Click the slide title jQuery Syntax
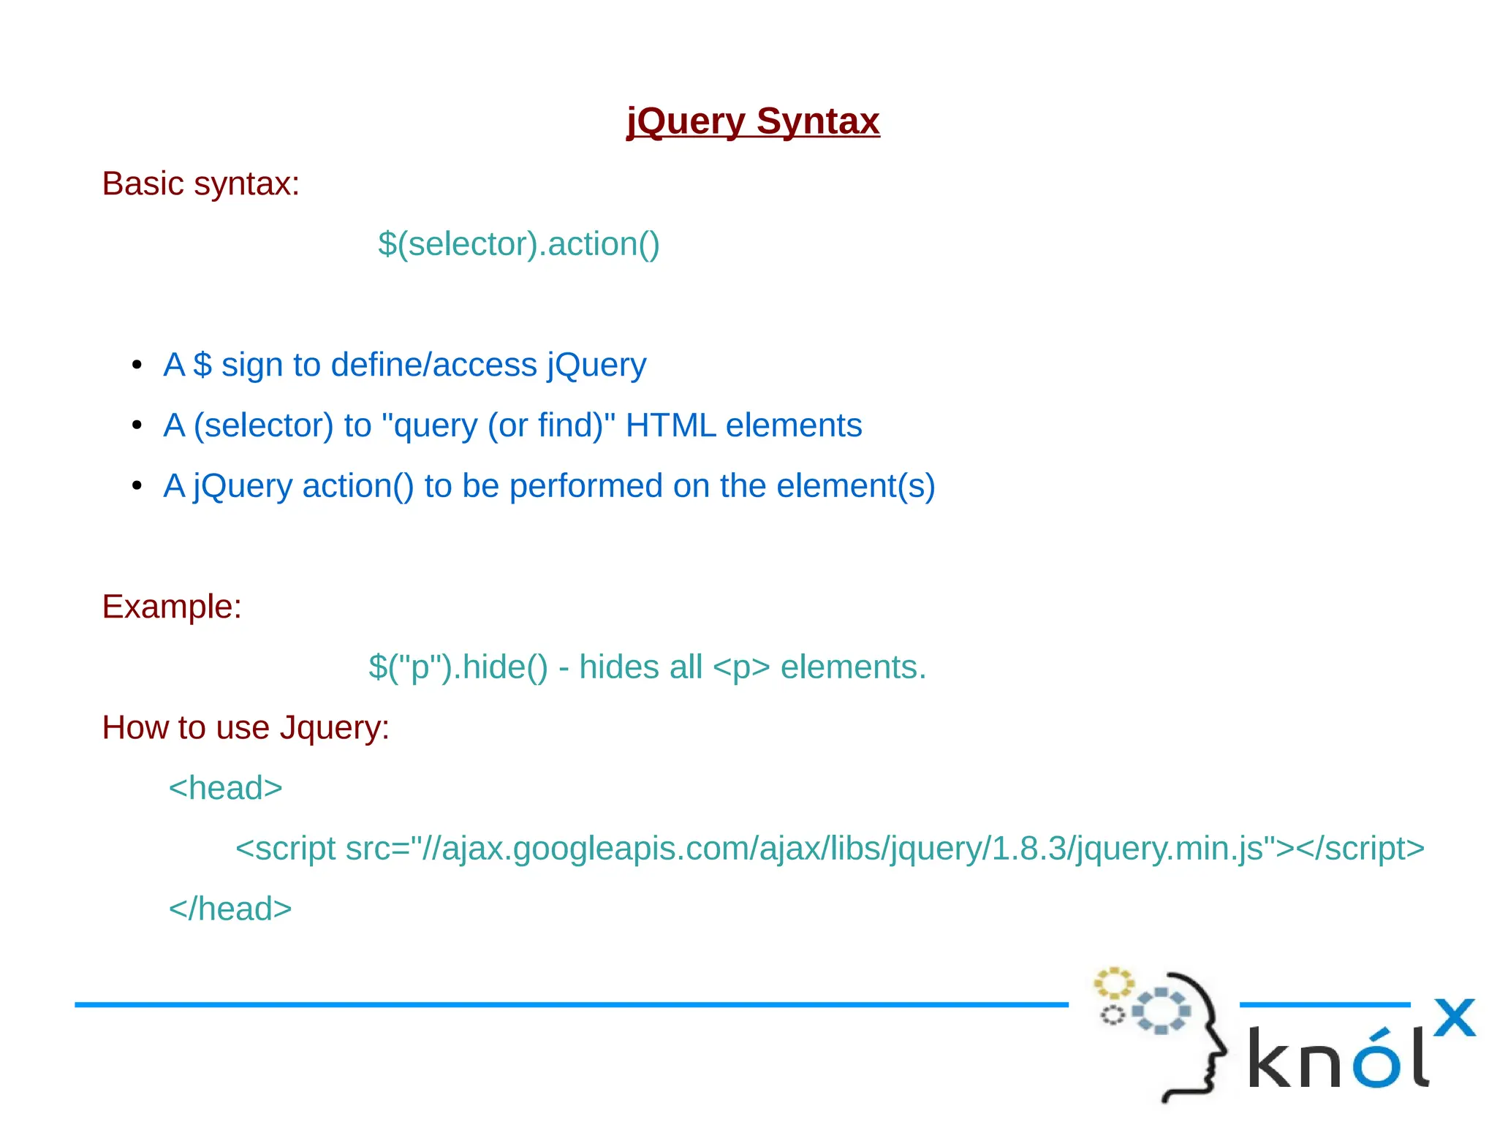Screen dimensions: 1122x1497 click(753, 121)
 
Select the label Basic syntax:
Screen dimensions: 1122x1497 click(200, 183)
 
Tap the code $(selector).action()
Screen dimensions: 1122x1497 click(518, 244)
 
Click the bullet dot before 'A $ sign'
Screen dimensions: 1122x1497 click(137, 365)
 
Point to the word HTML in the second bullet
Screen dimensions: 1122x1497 click(670, 425)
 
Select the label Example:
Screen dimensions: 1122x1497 click(172, 607)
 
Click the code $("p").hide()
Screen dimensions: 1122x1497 click(458, 667)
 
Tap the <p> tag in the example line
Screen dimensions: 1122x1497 click(740, 667)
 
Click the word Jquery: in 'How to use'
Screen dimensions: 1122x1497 click(335, 728)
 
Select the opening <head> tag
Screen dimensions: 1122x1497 click(225, 789)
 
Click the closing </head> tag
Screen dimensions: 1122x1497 click(230, 909)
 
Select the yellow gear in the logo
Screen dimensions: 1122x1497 click(1113, 983)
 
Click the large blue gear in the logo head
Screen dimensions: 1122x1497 click(1161, 1011)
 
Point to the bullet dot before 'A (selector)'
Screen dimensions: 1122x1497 click(137, 425)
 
